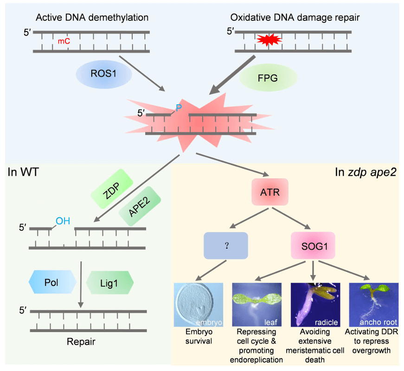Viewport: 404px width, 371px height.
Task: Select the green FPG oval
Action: (268, 77)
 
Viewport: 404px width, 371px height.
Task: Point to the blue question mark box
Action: (225, 245)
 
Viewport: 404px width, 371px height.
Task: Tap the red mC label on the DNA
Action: (64, 41)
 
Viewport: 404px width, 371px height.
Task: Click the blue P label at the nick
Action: (179, 108)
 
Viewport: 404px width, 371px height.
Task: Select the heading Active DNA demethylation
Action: (92, 18)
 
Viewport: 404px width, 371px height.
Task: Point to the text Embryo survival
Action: (195, 337)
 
